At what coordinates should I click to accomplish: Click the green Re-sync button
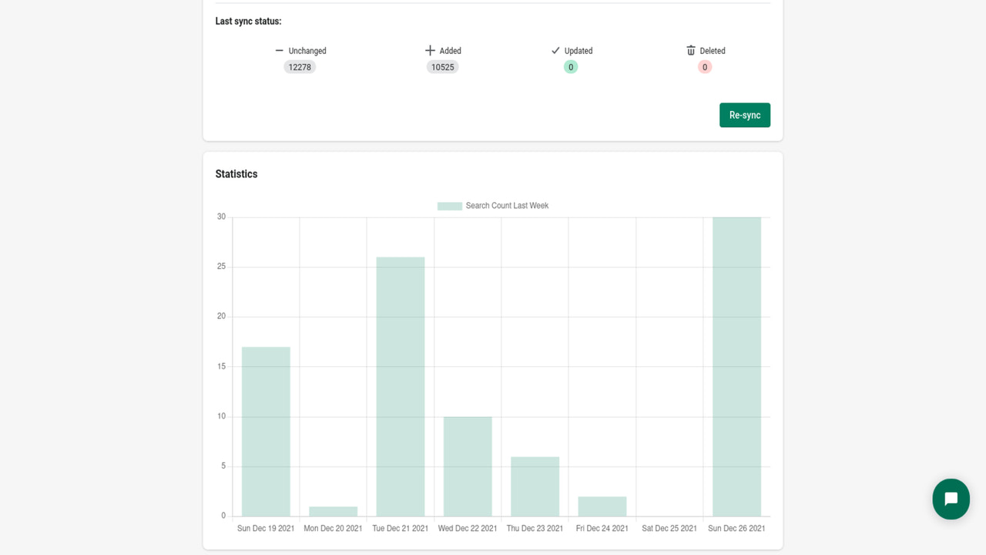pyautogui.click(x=744, y=115)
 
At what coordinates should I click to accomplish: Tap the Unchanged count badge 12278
pyautogui.click(x=300, y=67)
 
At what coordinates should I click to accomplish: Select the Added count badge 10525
pyautogui.click(x=442, y=67)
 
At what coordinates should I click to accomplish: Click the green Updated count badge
pyautogui.click(x=570, y=67)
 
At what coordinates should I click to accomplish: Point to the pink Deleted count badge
pyautogui.click(x=704, y=67)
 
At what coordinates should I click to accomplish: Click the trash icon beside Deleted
pyautogui.click(x=691, y=50)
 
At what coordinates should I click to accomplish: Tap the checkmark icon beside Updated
pyautogui.click(x=555, y=50)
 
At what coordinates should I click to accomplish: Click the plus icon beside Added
pyautogui.click(x=430, y=50)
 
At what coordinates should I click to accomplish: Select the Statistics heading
pyautogui.click(x=236, y=174)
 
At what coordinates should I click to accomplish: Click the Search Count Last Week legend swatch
pyautogui.click(x=449, y=206)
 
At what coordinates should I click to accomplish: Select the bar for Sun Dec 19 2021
pyautogui.click(x=266, y=432)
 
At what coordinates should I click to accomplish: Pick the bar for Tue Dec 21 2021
pyautogui.click(x=401, y=385)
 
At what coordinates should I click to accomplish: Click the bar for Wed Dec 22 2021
pyautogui.click(x=468, y=466)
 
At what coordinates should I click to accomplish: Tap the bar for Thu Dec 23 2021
pyautogui.click(x=535, y=486)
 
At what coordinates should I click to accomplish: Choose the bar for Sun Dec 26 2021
pyautogui.click(x=736, y=366)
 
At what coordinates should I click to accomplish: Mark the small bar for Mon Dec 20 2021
pyautogui.click(x=333, y=511)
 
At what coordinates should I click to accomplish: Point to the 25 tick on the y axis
pyautogui.click(x=222, y=267)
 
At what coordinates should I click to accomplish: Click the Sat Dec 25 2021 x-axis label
pyautogui.click(x=669, y=528)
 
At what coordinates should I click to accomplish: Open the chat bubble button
pyautogui.click(x=951, y=499)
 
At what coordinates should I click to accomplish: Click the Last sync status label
pyautogui.click(x=248, y=22)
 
